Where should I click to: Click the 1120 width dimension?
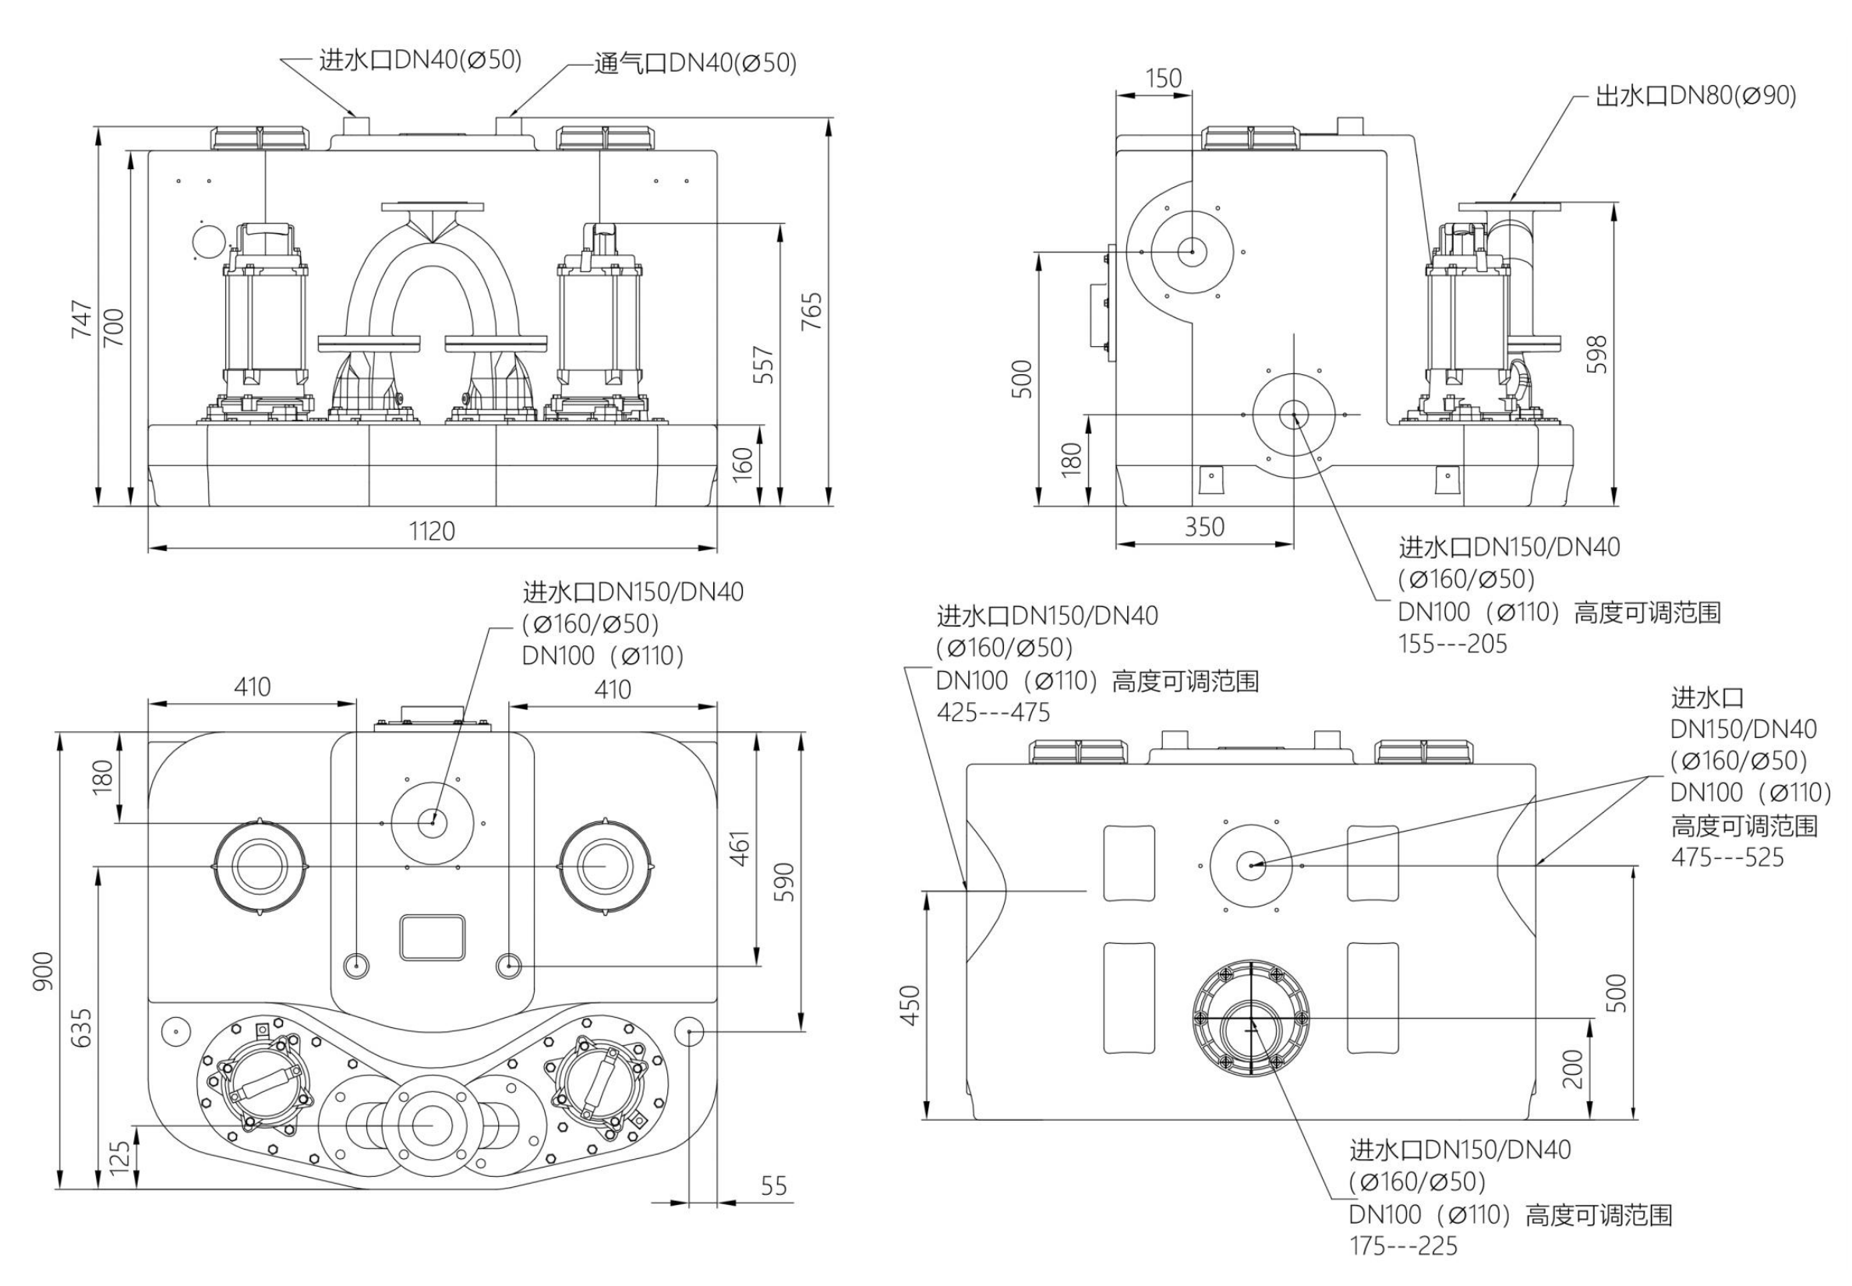432,531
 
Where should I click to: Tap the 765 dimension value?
811,311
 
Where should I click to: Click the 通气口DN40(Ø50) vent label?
694,63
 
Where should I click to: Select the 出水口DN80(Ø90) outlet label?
1695,96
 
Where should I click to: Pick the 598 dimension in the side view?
1596,355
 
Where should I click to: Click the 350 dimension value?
1204,527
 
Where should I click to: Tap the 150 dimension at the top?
1164,78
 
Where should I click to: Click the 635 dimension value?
81,1028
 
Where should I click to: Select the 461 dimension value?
740,848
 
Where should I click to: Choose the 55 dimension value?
774,1185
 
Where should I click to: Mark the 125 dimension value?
119,1158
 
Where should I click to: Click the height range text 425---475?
993,713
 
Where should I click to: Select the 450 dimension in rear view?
910,1005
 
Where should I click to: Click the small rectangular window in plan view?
433,937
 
